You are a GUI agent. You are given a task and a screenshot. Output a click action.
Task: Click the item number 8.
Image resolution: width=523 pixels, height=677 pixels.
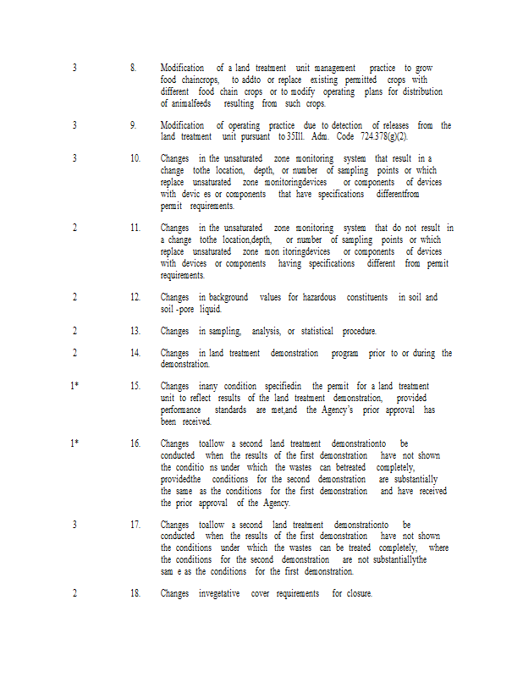pyautogui.click(x=134, y=68)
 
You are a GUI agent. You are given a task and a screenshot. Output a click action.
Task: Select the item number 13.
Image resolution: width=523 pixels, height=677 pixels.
pyautogui.click(x=135, y=331)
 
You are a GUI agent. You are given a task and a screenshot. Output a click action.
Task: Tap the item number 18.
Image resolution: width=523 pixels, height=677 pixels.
pyautogui.click(x=135, y=593)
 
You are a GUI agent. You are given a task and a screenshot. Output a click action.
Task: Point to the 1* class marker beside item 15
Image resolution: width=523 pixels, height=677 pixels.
pyautogui.click(x=74, y=386)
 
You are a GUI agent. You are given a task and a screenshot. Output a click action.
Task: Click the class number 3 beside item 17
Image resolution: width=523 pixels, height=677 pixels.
pyautogui.click(x=74, y=524)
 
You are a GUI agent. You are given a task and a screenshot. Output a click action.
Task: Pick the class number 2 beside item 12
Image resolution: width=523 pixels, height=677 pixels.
pyautogui.click(x=74, y=297)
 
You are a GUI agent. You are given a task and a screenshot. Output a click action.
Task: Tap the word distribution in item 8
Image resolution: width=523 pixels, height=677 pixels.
pyautogui.click(x=422, y=91)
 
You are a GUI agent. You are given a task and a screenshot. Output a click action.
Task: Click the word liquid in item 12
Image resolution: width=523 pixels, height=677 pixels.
pyautogui.click(x=210, y=309)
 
